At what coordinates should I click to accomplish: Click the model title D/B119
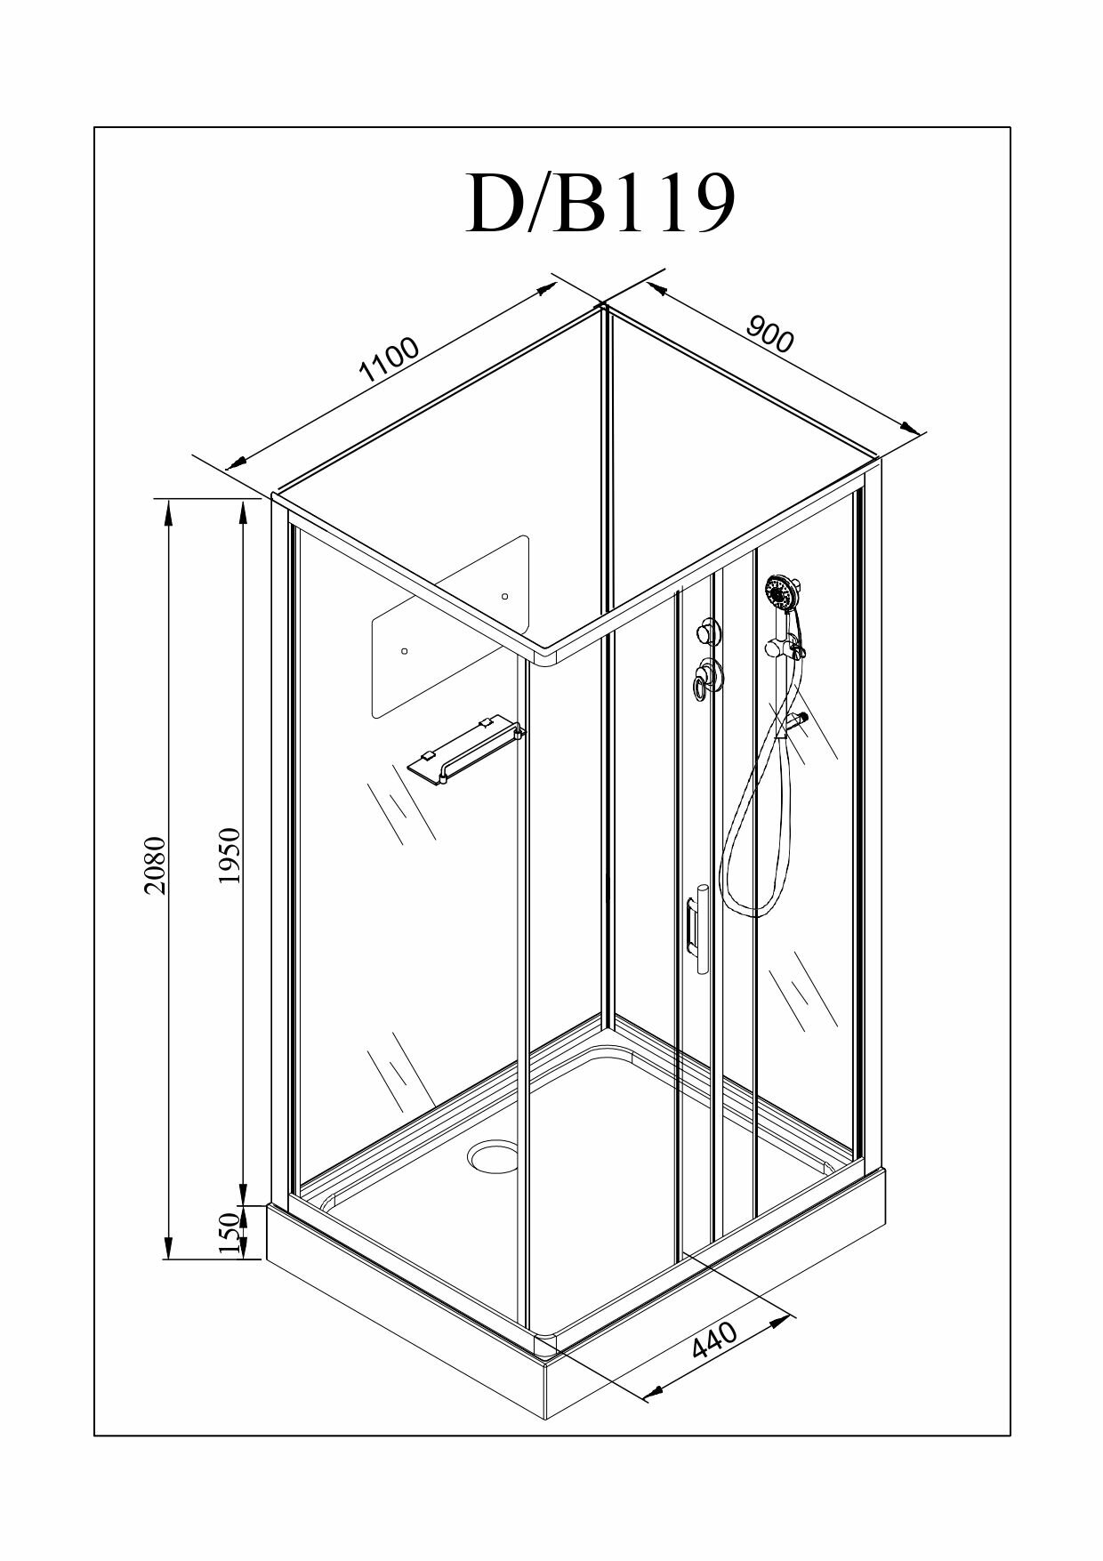[600, 204]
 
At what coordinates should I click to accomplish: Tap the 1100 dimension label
[389, 359]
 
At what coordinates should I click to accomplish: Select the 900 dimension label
[769, 334]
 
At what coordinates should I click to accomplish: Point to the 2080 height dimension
[156, 865]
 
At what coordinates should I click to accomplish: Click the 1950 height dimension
[229, 856]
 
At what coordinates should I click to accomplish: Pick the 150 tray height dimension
[229, 1232]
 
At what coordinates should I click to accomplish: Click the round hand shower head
[779, 591]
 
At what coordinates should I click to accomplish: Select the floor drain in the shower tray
[491, 1154]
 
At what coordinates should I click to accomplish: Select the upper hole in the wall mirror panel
[504, 596]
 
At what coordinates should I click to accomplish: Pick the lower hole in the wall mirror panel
[404, 651]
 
